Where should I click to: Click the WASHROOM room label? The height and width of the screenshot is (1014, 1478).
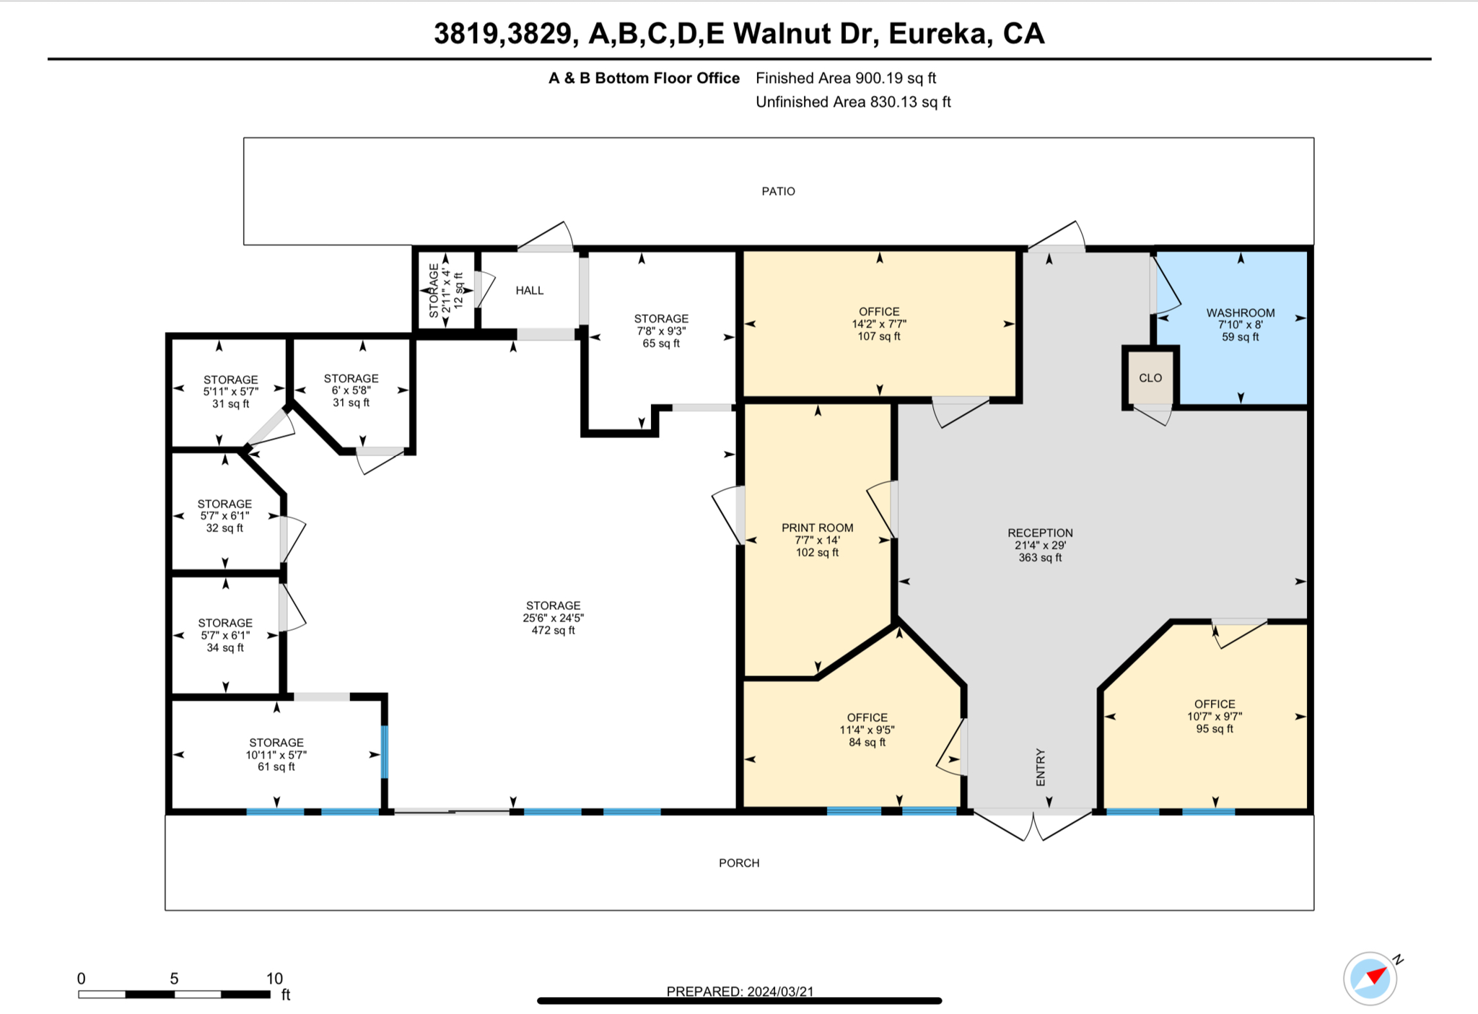pos(1240,312)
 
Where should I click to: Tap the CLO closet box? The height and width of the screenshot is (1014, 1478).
pos(1150,378)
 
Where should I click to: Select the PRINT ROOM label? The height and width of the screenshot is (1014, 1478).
pos(817,528)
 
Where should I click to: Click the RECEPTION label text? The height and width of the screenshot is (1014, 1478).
pos(1040,533)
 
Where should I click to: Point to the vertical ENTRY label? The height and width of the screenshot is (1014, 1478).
pos(1040,767)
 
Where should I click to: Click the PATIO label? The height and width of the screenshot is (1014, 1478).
pos(778,191)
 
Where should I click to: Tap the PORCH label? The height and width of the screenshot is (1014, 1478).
pos(738,863)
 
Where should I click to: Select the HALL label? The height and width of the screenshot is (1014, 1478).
pos(529,290)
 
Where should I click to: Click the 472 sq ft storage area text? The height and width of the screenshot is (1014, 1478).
pos(553,630)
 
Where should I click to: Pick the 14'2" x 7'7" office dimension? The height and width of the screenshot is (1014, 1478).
pos(878,324)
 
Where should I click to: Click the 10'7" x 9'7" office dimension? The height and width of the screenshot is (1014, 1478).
pos(1214,717)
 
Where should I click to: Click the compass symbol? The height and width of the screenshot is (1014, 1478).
pos(1370,979)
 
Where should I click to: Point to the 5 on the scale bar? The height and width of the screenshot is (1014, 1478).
pos(174,979)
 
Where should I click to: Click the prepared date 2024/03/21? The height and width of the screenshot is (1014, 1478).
pos(779,991)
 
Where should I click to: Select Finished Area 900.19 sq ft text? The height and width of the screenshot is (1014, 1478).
pos(845,78)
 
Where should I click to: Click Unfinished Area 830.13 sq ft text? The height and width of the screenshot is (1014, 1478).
pos(852,102)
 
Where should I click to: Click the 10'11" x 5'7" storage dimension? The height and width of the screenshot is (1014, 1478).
pos(276,755)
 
